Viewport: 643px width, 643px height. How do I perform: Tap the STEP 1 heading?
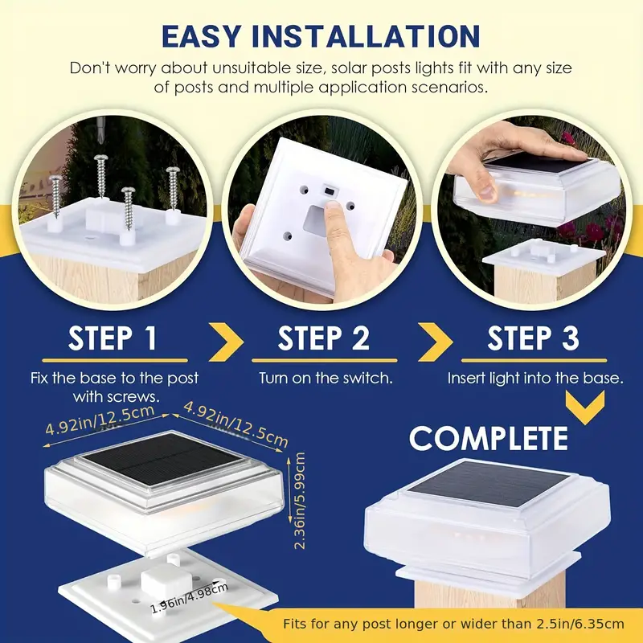pos(113,338)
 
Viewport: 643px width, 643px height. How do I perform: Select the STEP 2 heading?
pos(324,338)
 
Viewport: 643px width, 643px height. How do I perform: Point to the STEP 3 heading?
pos(533,338)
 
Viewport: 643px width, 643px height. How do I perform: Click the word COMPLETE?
pos(489,438)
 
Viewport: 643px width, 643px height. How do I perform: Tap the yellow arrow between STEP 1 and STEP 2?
pos(227,342)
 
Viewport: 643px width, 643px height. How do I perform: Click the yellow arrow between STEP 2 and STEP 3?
pos(436,342)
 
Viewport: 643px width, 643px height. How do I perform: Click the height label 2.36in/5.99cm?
pos(300,501)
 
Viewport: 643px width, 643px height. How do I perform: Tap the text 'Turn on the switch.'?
pos(326,378)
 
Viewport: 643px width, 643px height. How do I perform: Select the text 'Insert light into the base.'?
pos(535,378)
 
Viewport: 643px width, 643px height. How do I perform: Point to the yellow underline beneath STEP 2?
pos(325,360)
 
